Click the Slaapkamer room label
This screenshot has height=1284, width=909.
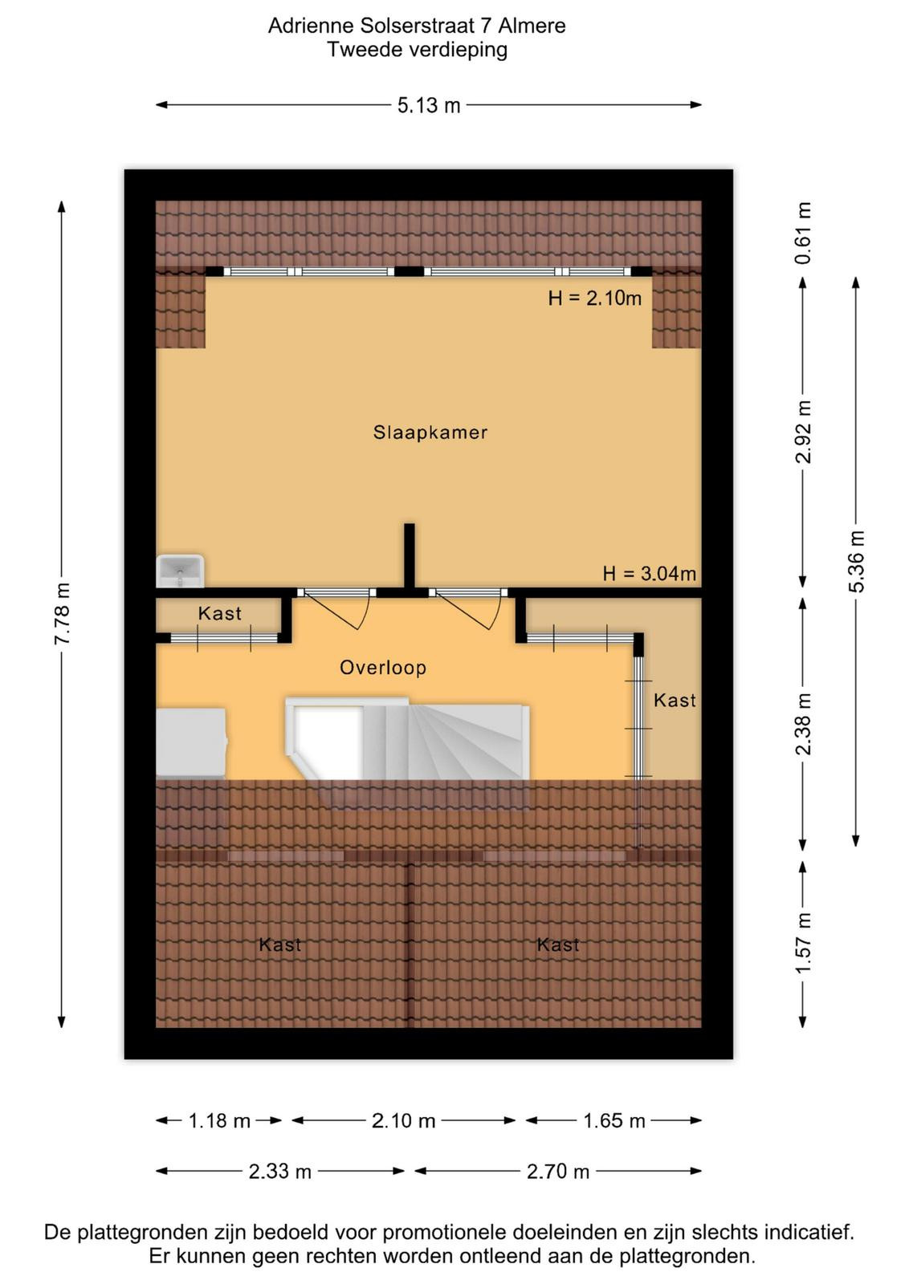(x=430, y=433)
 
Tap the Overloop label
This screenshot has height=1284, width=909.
(x=382, y=667)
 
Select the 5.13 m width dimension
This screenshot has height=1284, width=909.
(x=429, y=105)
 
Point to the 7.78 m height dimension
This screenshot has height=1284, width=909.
(x=62, y=613)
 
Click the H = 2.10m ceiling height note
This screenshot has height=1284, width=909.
(x=595, y=298)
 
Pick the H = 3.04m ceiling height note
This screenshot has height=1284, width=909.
(x=649, y=573)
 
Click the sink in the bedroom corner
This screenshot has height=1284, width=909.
(x=180, y=571)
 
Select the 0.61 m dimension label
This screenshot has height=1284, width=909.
(x=804, y=233)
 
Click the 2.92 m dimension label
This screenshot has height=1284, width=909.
(x=804, y=432)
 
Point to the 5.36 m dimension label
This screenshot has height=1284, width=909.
(x=857, y=562)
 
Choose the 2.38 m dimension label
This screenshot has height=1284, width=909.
(x=804, y=724)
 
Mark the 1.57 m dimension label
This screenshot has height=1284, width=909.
(x=804, y=942)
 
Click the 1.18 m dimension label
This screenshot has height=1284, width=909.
(x=220, y=1120)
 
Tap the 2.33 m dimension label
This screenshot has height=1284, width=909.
(x=280, y=1172)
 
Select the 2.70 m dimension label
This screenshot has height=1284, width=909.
(x=558, y=1172)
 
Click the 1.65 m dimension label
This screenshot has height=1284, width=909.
(x=614, y=1120)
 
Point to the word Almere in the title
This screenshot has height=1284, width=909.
(x=532, y=26)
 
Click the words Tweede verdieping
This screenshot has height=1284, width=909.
(x=417, y=50)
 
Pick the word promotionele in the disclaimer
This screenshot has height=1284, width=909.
(x=445, y=1232)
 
